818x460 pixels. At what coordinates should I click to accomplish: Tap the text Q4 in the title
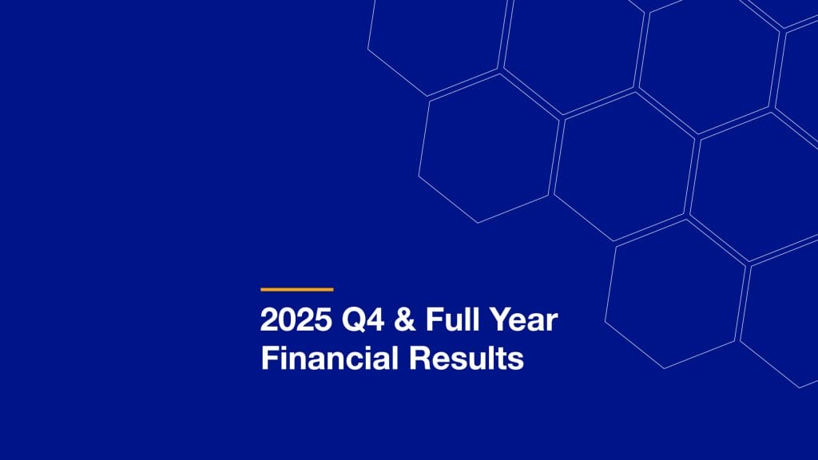click(355, 320)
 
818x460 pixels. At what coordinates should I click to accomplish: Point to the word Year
click(524, 320)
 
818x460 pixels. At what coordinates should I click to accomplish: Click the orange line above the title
click(296, 289)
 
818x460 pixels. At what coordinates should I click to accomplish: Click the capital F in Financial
click(268, 358)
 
